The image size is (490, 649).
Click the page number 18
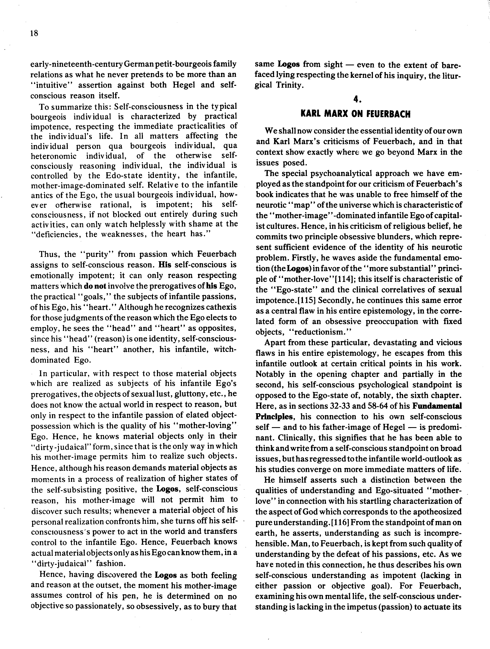coord(34,33)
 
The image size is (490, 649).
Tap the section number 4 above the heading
coord(356,100)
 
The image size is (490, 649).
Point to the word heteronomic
coord(54,156)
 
